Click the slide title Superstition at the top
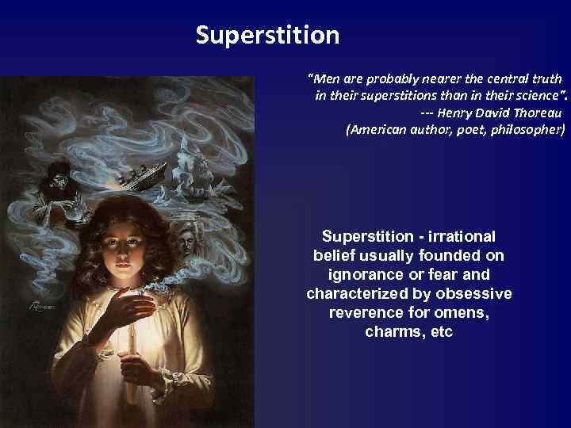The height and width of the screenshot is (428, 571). pos(267,36)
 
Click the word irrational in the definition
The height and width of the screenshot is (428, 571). pos(463,237)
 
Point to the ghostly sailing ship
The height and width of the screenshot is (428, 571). pos(197,170)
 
